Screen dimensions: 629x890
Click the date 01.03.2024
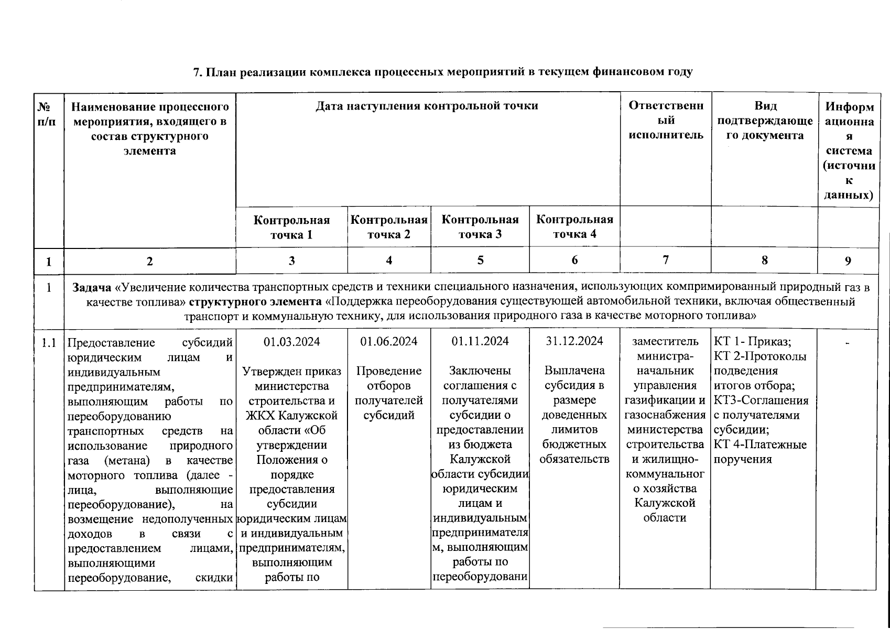291,342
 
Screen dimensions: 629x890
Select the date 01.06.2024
388,341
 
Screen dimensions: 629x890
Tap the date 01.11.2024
480,341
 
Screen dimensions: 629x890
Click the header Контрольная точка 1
291,227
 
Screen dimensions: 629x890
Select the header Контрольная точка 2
388,226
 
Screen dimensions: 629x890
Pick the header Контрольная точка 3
480,226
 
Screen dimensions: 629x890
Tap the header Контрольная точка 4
574,226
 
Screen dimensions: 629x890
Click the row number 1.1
49,343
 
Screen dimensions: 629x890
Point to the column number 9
848,261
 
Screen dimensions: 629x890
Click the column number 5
480,260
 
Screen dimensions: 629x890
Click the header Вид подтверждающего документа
765,121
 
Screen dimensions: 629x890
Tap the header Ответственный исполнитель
666,120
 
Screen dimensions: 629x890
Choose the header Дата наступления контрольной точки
427,106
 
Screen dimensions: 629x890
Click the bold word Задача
91,287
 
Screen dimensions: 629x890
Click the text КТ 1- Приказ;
752,342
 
